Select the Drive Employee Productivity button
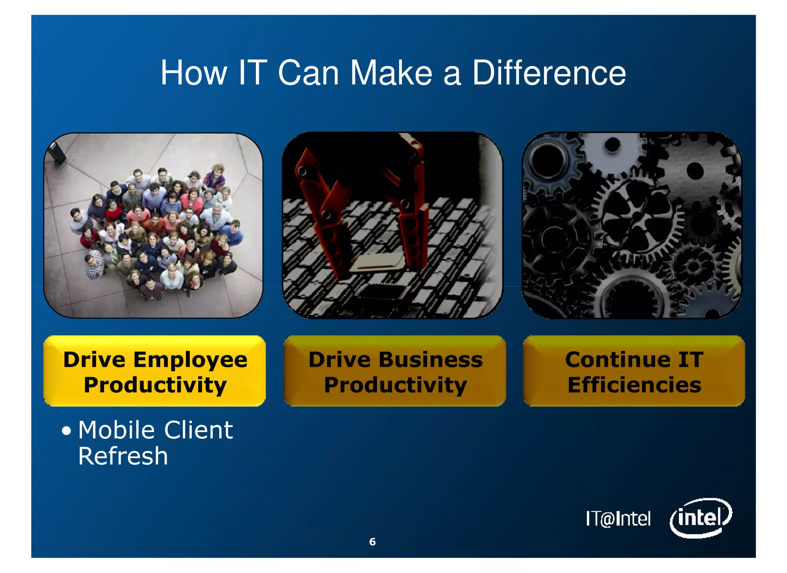pyautogui.click(x=154, y=371)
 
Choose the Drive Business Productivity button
pyautogui.click(x=395, y=371)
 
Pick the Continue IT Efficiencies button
pyautogui.click(x=634, y=371)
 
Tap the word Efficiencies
pyautogui.click(x=634, y=385)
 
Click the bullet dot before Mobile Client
pyautogui.click(x=66, y=431)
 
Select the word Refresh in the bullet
pyautogui.click(x=123, y=456)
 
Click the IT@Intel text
pyautogui.click(x=618, y=518)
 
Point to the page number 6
pyautogui.click(x=372, y=542)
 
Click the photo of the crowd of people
pyautogui.click(x=154, y=225)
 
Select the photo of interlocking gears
pyautogui.click(x=632, y=225)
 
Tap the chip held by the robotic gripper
pyautogui.click(x=379, y=263)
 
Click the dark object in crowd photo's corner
pyautogui.click(x=57, y=152)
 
